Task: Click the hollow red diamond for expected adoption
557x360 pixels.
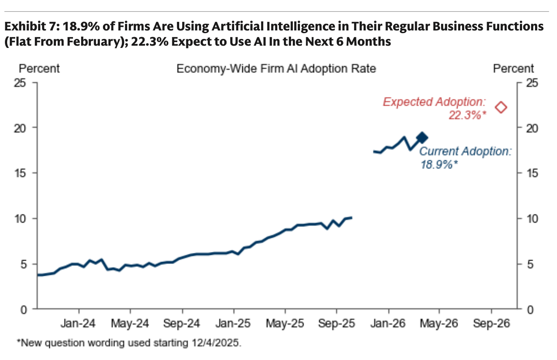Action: click(x=501, y=107)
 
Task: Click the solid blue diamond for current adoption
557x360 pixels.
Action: click(x=422, y=138)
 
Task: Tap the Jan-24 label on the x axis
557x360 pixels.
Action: click(x=79, y=323)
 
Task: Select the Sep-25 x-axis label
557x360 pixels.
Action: click(x=336, y=323)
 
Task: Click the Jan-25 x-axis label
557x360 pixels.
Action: click(x=234, y=323)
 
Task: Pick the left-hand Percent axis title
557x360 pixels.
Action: click(x=39, y=69)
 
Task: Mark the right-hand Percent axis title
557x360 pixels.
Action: click(x=513, y=69)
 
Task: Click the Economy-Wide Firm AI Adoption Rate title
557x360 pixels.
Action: click(x=276, y=69)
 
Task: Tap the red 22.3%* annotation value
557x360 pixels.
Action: click(x=467, y=115)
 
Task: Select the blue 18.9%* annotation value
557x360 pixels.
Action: click(x=439, y=164)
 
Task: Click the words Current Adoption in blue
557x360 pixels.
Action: click(x=465, y=151)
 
